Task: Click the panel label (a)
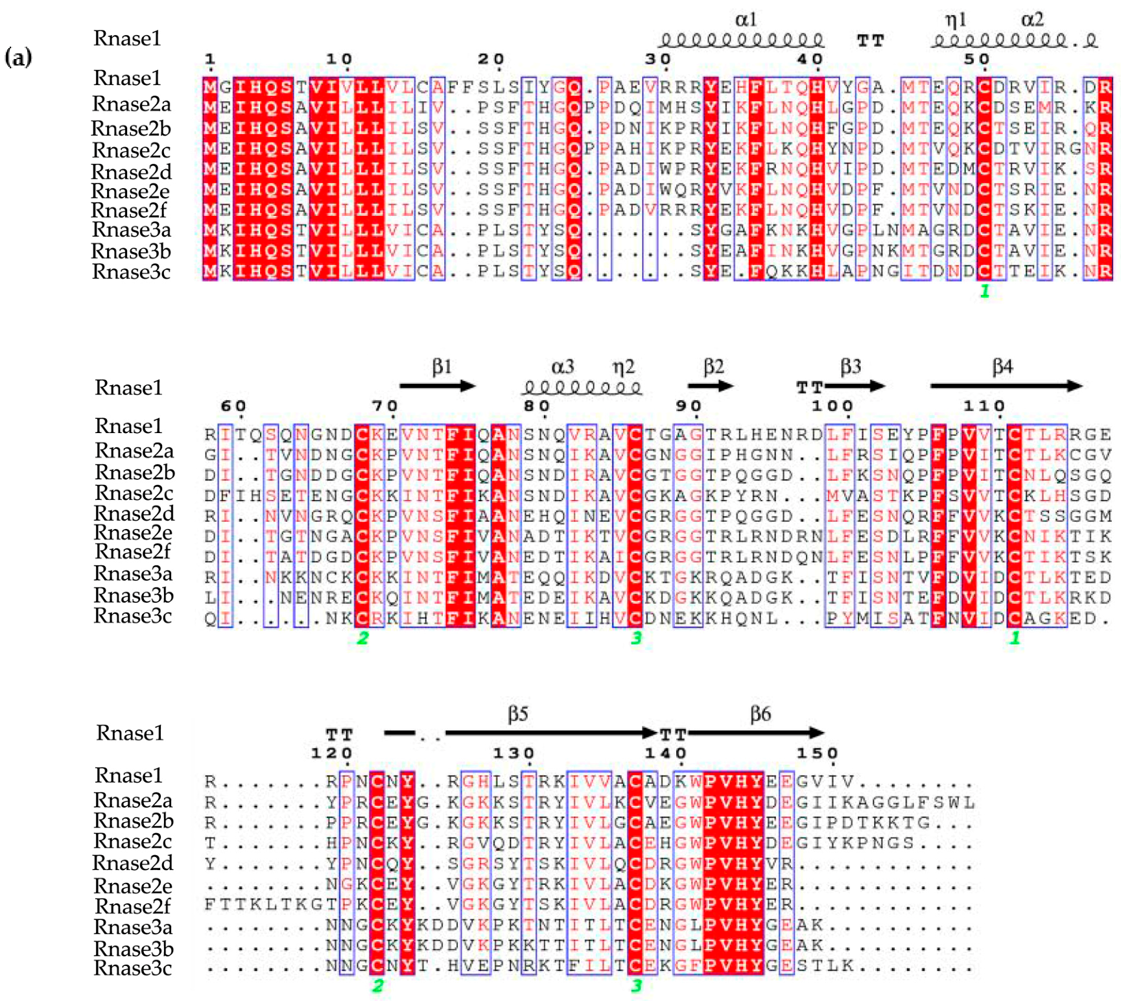point(18,57)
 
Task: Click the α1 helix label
point(746,19)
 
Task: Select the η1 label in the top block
point(955,19)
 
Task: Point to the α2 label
point(1032,19)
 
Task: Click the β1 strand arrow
point(437,386)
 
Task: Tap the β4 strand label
point(1002,367)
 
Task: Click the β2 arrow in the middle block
point(711,386)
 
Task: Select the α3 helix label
point(562,367)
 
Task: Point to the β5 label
point(517,714)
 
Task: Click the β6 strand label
point(760,714)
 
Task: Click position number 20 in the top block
point(491,59)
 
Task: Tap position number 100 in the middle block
point(832,406)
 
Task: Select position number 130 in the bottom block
point(513,753)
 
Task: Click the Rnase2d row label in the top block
point(132,172)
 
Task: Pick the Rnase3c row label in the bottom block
point(133,968)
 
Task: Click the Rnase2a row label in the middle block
point(134,450)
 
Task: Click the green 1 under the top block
point(985,291)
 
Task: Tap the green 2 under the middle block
point(362,638)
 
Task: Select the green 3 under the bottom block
point(636,985)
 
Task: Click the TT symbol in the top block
point(870,41)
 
